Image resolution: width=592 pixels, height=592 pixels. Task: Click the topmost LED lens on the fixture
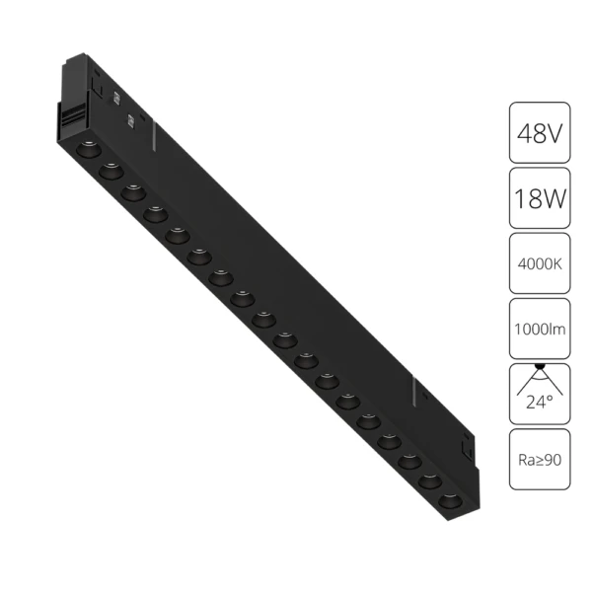tap(85, 148)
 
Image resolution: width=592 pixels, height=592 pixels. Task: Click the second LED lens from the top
tap(108, 170)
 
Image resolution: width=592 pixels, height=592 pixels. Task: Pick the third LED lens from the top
tap(130, 191)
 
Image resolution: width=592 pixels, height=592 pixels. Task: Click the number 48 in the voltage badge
tap(526, 132)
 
